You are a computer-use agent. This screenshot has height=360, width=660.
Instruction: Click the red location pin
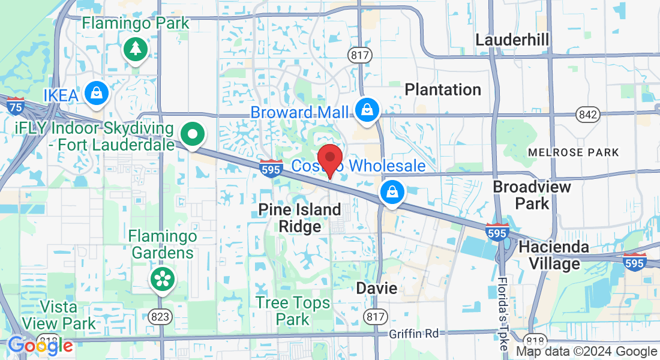tap(329, 159)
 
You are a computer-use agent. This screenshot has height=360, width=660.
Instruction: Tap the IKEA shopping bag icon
tap(95, 93)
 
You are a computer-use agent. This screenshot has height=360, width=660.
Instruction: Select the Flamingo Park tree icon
tap(136, 49)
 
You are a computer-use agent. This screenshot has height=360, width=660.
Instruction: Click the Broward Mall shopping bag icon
tap(365, 110)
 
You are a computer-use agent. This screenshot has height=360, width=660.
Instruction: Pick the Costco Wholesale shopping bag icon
tap(392, 192)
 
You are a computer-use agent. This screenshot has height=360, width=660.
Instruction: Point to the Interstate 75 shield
tap(16, 106)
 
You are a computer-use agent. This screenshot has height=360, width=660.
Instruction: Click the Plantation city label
tap(443, 90)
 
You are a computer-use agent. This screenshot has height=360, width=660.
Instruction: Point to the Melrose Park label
tap(573, 152)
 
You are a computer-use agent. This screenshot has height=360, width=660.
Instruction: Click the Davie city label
tap(376, 288)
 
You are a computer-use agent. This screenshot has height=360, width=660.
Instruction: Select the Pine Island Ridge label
tap(299, 218)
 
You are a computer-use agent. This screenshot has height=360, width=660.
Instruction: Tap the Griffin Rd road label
tap(413, 334)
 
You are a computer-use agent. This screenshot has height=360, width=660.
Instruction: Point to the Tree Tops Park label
tap(293, 311)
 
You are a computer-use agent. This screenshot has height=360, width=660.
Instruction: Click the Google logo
tap(40, 346)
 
